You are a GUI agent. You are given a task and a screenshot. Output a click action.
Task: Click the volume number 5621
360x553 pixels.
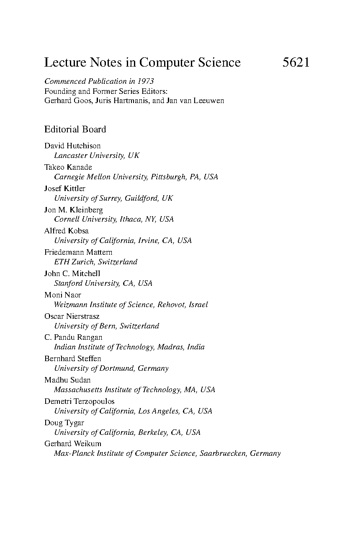click(x=296, y=62)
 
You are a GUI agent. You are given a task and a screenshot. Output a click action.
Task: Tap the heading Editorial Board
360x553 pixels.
click(x=75, y=129)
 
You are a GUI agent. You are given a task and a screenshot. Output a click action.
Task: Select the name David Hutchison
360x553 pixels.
click(x=72, y=146)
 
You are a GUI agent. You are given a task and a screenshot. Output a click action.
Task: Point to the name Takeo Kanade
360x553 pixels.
click(x=68, y=167)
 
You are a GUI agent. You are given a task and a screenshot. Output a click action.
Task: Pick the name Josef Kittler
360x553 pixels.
click(x=65, y=189)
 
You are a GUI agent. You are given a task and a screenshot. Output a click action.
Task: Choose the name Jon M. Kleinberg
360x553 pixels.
click(x=74, y=210)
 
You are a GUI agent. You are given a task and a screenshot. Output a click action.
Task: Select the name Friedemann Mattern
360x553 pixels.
click(x=78, y=252)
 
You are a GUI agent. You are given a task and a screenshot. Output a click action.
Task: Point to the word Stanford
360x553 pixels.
click(x=68, y=283)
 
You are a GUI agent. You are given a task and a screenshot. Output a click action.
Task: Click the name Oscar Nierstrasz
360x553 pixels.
click(x=72, y=316)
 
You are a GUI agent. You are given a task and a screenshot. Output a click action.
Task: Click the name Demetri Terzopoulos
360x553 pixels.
click(x=80, y=401)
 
